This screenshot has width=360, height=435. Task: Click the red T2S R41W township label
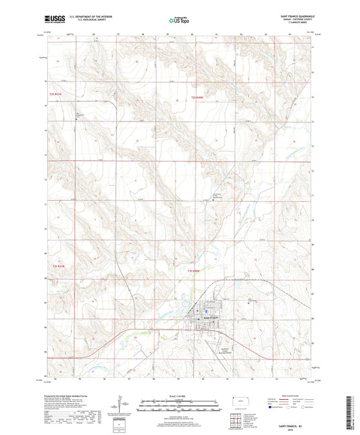(60, 93)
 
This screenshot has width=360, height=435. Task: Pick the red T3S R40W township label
(193, 270)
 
